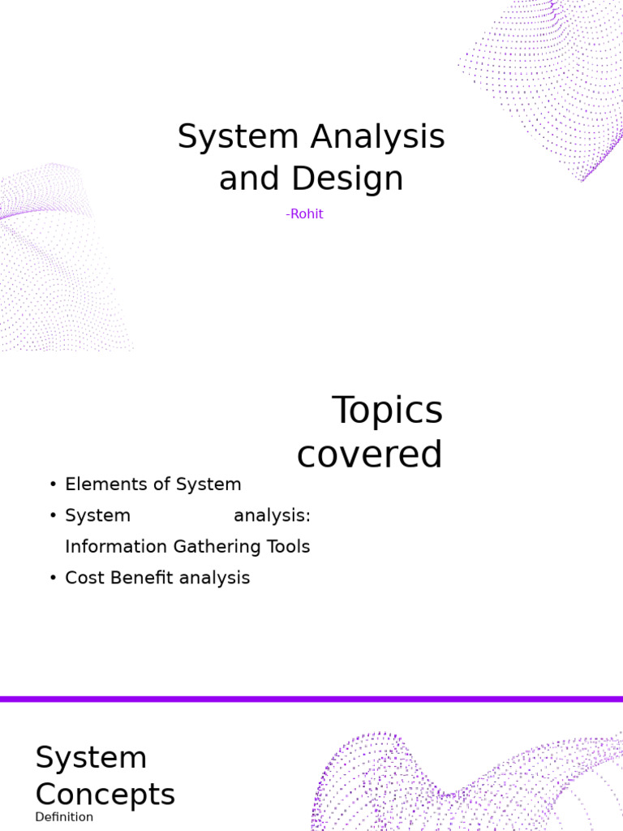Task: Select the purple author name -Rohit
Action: coord(304,214)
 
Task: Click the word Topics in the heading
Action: coord(387,411)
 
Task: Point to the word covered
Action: coord(369,454)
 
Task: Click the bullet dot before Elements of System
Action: coord(53,484)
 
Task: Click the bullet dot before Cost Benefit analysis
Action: coord(53,578)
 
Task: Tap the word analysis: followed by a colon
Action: coord(272,516)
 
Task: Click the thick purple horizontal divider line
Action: coord(311,699)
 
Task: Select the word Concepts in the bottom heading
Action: coord(105,794)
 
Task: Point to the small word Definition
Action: coord(64,817)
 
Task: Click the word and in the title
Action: coord(248,179)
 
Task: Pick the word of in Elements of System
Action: coord(162,484)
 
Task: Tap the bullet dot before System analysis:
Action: coord(53,516)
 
